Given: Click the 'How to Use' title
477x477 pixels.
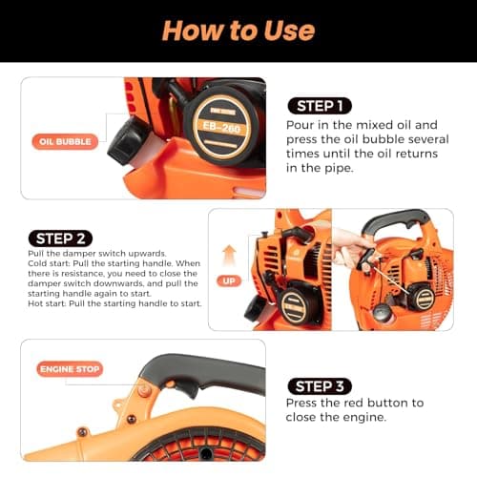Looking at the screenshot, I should [238, 30].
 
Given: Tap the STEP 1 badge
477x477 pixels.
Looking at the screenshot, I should [320, 105].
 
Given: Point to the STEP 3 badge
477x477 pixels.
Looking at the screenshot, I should [320, 385].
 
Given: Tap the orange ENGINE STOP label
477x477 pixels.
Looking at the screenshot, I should [70, 368].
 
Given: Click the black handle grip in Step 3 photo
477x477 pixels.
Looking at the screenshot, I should [210, 369].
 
